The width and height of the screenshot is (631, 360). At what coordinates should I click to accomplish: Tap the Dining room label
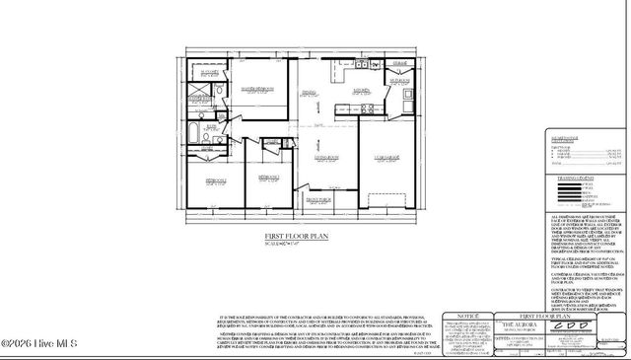309,95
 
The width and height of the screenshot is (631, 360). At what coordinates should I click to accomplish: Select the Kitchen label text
361,93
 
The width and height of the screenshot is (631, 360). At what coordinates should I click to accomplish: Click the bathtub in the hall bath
192,133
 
